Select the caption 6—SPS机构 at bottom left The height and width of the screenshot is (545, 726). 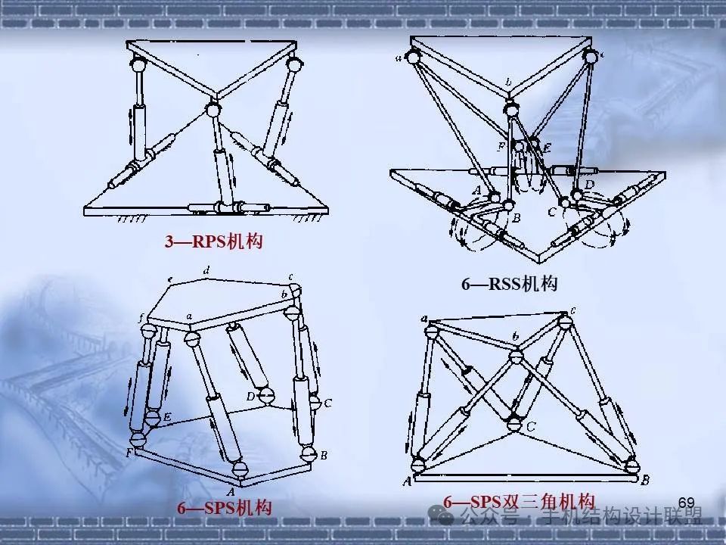(x=225, y=508)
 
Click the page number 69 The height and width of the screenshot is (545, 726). (x=687, y=503)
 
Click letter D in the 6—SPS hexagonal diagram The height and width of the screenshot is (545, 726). (x=250, y=396)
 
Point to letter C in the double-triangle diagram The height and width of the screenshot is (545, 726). (x=532, y=428)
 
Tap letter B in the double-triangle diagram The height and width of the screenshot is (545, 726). (x=646, y=481)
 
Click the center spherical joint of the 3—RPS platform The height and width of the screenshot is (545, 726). (x=213, y=111)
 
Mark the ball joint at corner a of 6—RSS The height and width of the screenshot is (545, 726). (x=413, y=54)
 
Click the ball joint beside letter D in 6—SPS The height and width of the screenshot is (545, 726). (x=265, y=394)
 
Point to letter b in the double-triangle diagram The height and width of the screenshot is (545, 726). (x=515, y=336)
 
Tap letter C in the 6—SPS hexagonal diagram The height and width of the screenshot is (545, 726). (x=327, y=403)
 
